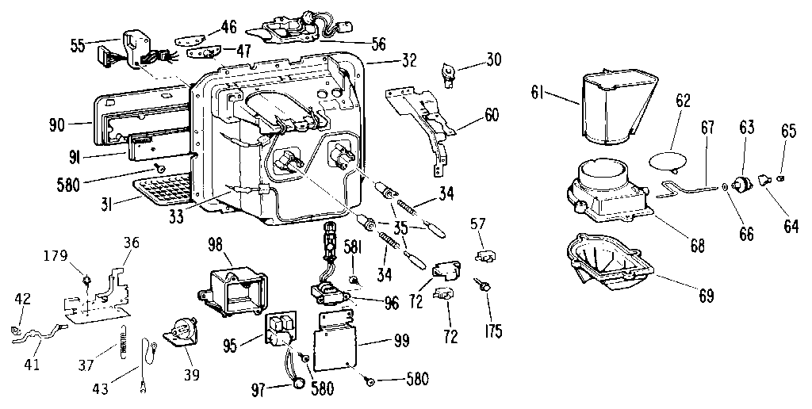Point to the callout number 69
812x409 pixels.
[x=706, y=296]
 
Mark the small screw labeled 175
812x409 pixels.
[x=481, y=285]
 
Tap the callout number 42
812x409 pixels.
[x=24, y=299]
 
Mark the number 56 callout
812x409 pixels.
[x=378, y=42]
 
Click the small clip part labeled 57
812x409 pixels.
[x=487, y=255]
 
